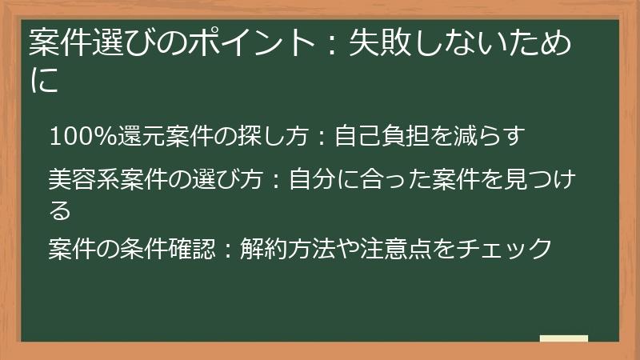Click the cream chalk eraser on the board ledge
pyautogui.click(x=563, y=338)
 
